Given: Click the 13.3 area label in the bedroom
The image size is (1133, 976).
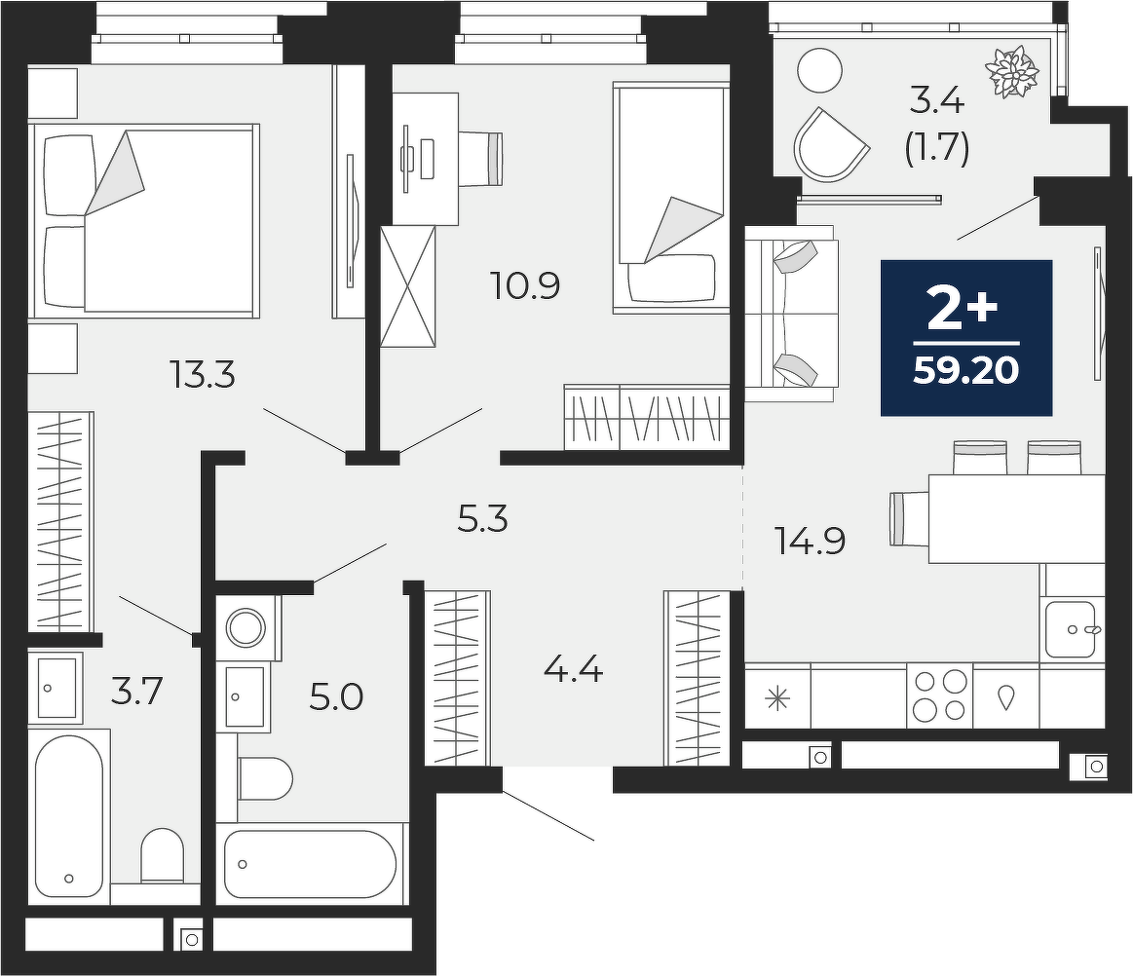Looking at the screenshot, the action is click(202, 374).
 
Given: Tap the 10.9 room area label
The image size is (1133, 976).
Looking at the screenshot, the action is click(524, 285).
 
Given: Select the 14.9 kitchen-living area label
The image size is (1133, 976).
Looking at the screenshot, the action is click(810, 541).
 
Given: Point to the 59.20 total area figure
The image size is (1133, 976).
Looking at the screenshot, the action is click(966, 370).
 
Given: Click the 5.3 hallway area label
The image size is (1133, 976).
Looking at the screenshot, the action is click(482, 519).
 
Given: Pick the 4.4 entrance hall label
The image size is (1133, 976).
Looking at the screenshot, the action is click(573, 672).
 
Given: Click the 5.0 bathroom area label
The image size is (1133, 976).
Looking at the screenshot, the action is click(336, 697).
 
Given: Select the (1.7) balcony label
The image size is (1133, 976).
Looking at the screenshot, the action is click(936, 148).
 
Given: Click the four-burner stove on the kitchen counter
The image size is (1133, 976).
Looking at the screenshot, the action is click(939, 694).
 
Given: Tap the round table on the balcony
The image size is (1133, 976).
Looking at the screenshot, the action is click(819, 70).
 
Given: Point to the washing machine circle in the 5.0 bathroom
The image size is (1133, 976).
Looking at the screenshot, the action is click(246, 626).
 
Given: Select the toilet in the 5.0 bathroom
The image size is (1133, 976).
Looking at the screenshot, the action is click(264, 778).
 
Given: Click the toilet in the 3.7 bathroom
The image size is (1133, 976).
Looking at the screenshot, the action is click(163, 855).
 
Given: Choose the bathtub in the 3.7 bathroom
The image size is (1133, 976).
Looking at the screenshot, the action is click(68, 815).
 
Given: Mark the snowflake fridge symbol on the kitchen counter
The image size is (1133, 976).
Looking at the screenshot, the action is click(777, 698).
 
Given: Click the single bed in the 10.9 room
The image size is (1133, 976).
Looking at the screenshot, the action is click(670, 197).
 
